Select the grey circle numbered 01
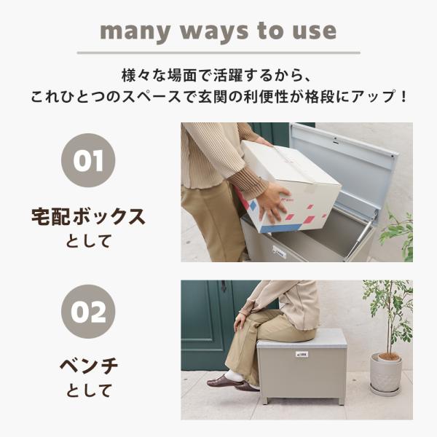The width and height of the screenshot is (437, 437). coord(88,160)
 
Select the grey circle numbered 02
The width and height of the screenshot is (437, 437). coord(88,312)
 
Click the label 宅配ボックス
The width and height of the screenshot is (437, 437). coord(88,217)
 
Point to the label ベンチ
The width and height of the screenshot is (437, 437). coord(89,366)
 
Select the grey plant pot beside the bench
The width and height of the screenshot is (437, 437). coord(386,372)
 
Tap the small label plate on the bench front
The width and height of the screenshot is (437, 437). coord(302,354)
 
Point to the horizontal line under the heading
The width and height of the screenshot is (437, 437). coord(219,52)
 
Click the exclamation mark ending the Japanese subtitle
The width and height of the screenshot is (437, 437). coord(403,96)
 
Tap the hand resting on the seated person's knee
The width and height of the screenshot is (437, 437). coord(240,322)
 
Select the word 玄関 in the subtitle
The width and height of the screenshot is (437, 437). coord(213,96)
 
